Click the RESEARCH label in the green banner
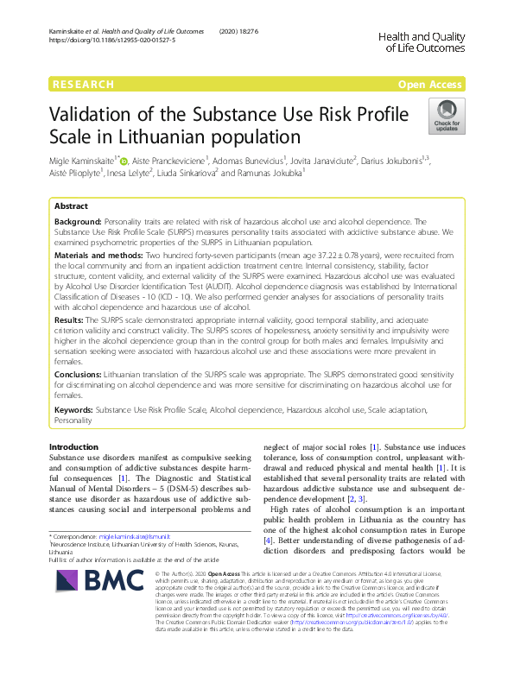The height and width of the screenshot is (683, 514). click(x=83, y=85)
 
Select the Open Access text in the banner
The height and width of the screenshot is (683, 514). click(x=430, y=85)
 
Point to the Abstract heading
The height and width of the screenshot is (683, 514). click(x=71, y=207)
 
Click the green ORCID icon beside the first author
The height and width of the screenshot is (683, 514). click(x=123, y=160)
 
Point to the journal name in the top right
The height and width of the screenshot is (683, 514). click(x=422, y=41)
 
